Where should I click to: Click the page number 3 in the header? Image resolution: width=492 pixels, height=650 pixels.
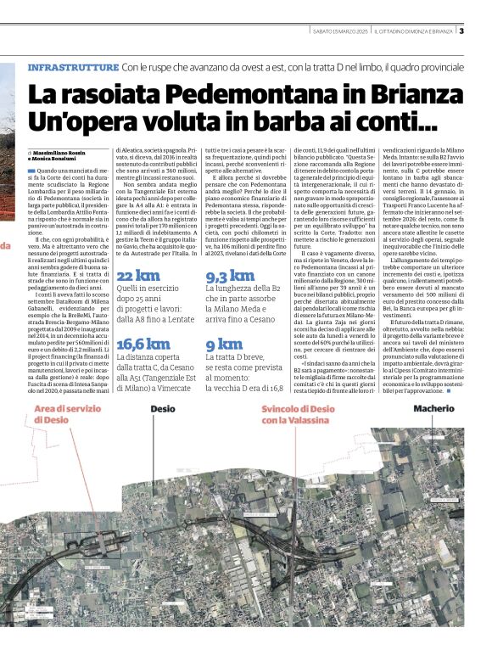point(461,31)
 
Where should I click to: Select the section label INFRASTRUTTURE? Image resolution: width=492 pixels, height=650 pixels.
point(73,66)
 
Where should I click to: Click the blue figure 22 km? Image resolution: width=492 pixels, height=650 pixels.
point(137,276)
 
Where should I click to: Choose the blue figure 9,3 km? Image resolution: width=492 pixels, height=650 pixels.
point(230,276)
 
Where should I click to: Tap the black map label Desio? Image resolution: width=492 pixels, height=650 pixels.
point(163,409)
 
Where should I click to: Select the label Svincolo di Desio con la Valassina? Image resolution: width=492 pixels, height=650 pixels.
point(298,414)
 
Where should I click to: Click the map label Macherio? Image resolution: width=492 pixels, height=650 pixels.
point(433,409)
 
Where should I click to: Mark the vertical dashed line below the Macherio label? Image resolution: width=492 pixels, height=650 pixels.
point(433,450)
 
